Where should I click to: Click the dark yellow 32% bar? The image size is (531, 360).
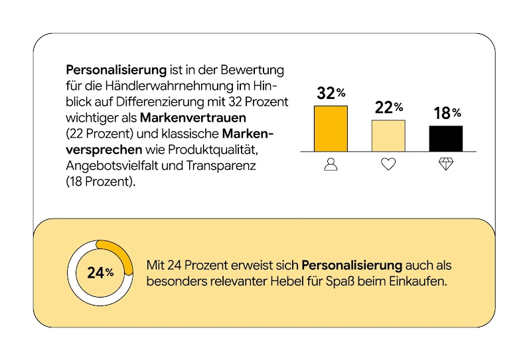point(331,128)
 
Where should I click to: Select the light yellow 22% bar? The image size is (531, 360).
point(388,135)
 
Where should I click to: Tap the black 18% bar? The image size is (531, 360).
point(446,138)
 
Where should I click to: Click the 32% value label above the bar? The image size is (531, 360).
point(331,94)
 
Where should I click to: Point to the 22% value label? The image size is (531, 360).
point(388,108)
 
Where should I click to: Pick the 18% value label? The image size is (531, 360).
point(447,114)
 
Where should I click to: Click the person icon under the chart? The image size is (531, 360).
point(331,164)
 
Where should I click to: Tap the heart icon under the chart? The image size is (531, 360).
point(388,164)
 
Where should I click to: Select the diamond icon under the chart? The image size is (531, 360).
point(446,164)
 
